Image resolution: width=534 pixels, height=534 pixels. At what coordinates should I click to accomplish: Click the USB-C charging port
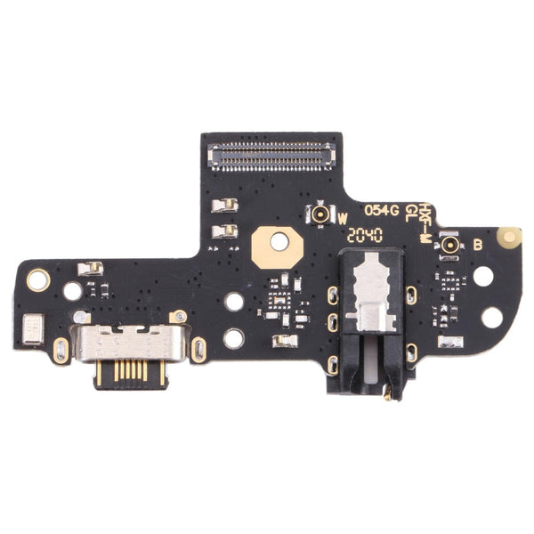coord(130,342)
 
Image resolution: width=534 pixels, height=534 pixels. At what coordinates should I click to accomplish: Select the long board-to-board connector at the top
coord(271,158)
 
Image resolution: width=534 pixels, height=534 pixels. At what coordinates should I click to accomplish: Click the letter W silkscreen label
coord(343,216)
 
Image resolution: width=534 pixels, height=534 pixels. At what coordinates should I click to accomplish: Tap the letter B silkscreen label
coord(477,244)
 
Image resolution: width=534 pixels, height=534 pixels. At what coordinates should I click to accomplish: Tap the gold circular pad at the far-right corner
coord(509,237)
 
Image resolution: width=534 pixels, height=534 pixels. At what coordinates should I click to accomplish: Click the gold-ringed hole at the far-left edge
coord(37,280)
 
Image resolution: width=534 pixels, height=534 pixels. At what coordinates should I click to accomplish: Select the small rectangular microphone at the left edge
coord(32,328)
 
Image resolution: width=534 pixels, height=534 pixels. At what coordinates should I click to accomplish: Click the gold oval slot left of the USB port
coord(61,350)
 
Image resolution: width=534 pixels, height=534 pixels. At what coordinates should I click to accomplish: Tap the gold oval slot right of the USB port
coord(198,350)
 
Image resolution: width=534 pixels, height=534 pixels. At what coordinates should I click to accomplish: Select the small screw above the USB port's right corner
coord(179,316)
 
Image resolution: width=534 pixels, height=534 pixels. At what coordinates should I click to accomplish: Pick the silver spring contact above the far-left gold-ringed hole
coord(90,268)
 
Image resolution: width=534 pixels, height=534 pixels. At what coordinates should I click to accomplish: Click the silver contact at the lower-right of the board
coord(450,341)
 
